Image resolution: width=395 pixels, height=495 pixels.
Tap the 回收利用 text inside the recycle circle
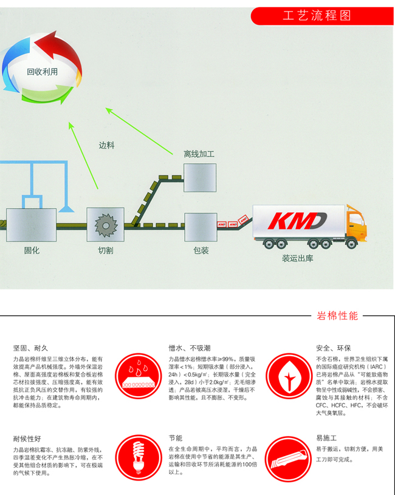pyautogui.click(x=42, y=72)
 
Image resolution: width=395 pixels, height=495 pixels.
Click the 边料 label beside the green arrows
pyautogui.click(x=106, y=146)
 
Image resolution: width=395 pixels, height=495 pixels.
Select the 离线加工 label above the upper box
pyautogui.click(x=199, y=154)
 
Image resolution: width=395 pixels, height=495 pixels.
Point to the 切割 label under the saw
pyautogui.click(x=105, y=251)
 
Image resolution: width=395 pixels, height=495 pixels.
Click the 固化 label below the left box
pyautogui.click(x=32, y=251)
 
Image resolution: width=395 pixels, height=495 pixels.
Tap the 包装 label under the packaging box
pyautogui.click(x=201, y=251)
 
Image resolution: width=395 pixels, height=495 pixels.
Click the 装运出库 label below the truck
pyautogui.click(x=297, y=258)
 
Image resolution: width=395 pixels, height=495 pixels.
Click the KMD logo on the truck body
pyautogui.click(x=296, y=221)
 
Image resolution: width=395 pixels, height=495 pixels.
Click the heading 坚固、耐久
pyautogui.click(x=30, y=348)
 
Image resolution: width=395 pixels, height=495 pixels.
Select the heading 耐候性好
pyautogui.click(x=27, y=438)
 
